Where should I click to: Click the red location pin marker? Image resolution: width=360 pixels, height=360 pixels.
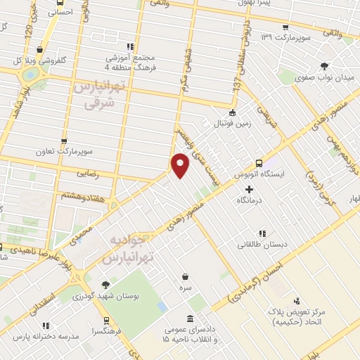coord(181,164)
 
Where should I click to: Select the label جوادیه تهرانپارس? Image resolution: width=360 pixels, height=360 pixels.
coord(126,249)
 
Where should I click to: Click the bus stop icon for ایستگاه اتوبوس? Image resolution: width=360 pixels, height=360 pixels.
coord(259,160)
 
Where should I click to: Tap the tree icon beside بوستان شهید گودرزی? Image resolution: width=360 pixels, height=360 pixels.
coord(105,285)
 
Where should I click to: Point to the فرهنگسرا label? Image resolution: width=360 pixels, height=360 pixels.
coord(110,329)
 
